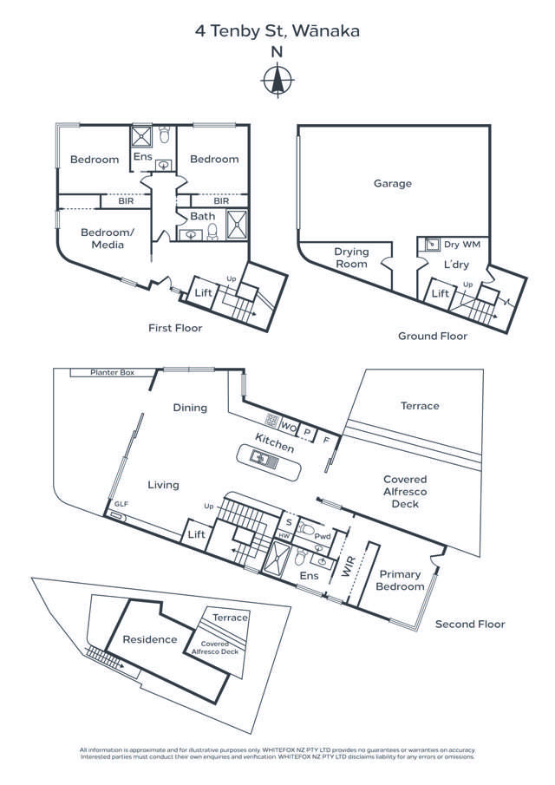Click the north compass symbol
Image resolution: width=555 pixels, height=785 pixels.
click(277, 81)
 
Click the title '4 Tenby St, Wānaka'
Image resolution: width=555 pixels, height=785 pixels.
click(277, 31)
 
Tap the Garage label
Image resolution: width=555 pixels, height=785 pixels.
click(392, 184)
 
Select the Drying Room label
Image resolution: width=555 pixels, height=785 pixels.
click(351, 258)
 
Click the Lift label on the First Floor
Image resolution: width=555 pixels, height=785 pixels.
click(203, 294)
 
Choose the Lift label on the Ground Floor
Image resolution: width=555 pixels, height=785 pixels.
click(440, 295)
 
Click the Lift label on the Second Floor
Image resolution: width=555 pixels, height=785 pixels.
click(197, 534)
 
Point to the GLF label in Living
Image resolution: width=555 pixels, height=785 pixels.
click(121, 504)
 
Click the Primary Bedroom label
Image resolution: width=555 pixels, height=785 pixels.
click(400, 580)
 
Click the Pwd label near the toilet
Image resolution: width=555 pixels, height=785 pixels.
click(321, 536)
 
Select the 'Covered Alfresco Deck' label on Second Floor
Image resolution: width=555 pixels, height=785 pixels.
click(405, 491)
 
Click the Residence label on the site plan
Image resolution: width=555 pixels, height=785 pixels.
click(150, 639)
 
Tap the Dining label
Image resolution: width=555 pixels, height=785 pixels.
click(190, 407)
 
